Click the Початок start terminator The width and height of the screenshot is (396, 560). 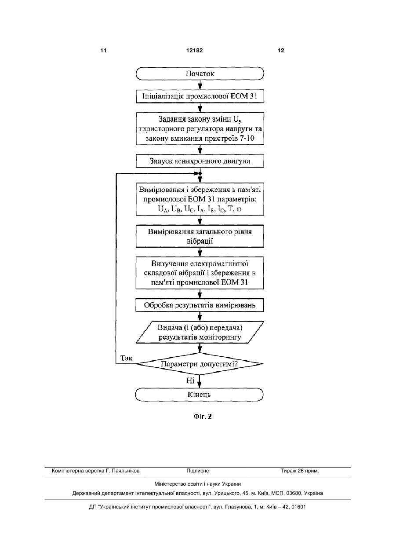(200, 73)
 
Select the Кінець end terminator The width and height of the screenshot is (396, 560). (199, 395)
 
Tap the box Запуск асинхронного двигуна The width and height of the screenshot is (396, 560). (200, 161)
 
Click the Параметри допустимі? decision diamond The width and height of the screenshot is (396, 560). (200, 364)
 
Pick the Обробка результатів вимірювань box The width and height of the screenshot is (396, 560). (200, 305)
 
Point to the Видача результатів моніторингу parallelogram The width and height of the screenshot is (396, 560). (200, 332)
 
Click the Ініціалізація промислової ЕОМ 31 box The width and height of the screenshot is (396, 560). (200, 96)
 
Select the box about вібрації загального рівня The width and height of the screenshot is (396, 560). (200, 236)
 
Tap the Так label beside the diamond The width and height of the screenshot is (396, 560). (127, 358)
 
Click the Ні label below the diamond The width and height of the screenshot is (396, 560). (190, 381)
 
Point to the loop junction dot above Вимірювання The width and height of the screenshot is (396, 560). (200, 173)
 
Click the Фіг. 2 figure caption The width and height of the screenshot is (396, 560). (203, 417)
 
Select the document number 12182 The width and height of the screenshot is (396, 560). (194, 51)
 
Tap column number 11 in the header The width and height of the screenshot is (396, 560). (103, 51)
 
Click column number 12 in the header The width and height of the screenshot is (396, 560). (281, 51)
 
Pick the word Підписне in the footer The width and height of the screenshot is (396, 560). (198, 471)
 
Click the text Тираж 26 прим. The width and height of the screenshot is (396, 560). (300, 471)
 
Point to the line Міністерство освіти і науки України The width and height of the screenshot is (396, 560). (198, 484)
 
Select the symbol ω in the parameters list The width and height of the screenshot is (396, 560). (239, 209)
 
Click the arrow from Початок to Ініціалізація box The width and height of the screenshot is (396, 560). (200, 85)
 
